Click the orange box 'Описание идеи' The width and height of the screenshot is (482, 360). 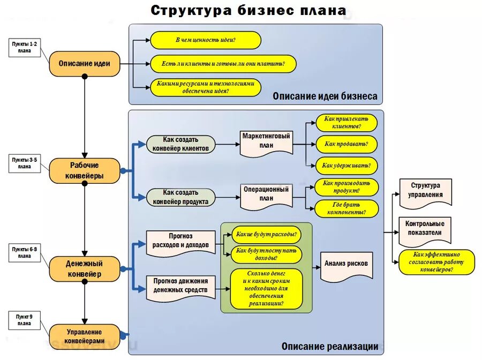tap(84, 63)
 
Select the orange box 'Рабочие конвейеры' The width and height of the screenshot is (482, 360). tap(85, 170)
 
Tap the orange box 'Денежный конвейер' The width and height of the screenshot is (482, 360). tap(85, 268)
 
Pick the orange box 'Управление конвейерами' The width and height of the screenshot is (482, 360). tap(85, 336)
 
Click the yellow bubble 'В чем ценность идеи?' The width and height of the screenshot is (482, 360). tap(206, 40)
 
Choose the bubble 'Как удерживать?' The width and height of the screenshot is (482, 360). tap(346, 166)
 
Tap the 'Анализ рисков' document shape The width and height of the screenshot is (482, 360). tap(346, 264)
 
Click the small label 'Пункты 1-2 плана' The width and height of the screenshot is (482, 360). tap(25, 47)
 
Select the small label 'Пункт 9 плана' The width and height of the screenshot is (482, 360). tap(24, 320)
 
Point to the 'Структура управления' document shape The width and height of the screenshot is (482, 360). tap(425, 191)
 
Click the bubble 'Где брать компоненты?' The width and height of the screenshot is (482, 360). tap(346, 208)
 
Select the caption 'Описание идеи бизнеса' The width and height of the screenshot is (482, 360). tap(325, 96)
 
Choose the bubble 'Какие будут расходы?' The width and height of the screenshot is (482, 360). tap(266, 234)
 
